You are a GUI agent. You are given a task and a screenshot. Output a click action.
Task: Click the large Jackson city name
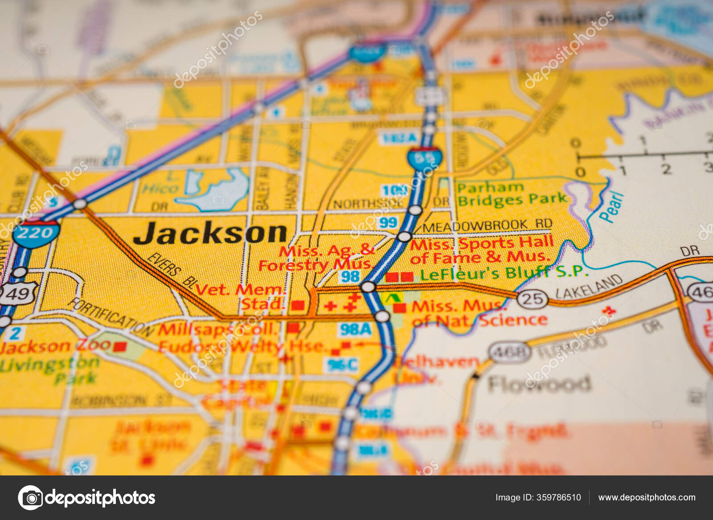210,233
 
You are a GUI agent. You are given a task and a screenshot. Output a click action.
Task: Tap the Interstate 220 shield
36,232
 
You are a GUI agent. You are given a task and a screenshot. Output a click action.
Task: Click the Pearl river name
612,206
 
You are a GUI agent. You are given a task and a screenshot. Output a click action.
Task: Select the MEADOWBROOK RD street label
487,225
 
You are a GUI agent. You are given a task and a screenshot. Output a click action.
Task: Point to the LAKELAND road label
589,287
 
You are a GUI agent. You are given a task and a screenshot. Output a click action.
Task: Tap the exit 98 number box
350,276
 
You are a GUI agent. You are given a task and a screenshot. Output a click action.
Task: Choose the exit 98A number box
355,329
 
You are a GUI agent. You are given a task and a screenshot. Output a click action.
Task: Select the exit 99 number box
388,222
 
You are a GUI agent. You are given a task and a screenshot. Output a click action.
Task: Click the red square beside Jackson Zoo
119,346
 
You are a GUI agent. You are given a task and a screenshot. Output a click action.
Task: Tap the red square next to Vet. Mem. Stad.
298,305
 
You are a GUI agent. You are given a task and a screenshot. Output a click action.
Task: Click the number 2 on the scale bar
666,169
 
